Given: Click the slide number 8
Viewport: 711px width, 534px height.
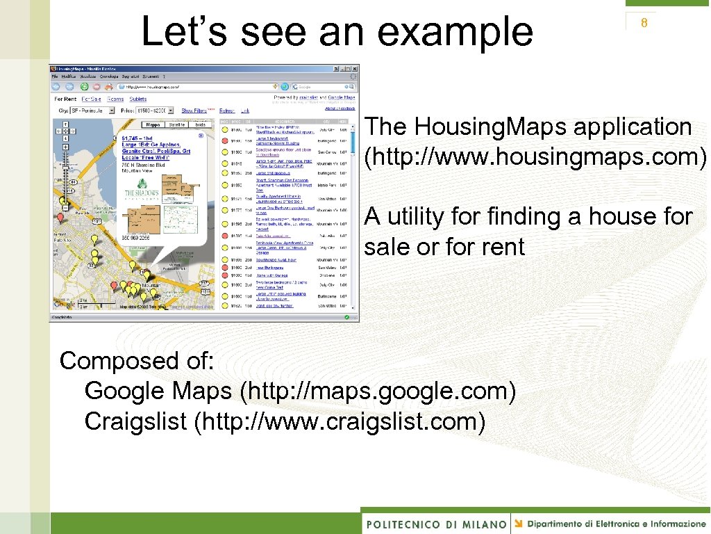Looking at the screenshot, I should (x=644, y=23).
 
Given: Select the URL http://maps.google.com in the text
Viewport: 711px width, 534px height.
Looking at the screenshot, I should (x=377, y=391).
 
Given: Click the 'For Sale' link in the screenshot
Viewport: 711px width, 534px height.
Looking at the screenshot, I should (x=91, y=99).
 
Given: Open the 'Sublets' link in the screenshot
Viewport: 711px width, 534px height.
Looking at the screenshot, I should (x=137, y=99).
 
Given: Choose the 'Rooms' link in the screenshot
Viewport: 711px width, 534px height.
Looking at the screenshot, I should (x=115, y=99).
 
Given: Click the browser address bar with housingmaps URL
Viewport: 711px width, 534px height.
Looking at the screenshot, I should (x=194, y=87).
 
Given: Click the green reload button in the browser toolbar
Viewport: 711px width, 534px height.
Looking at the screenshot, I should (x=83, y=87).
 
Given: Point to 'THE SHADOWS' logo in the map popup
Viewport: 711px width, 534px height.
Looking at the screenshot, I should (x=142, y=193).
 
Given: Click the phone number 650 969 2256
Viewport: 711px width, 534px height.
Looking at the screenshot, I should (x=136, y=237).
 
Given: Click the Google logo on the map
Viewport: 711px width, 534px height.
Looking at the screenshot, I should (x=65, y=304).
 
